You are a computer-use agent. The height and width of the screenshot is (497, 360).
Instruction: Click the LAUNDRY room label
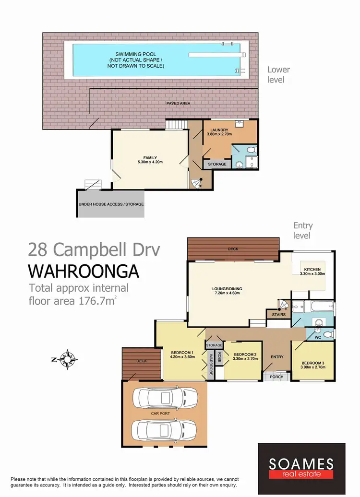click(219, 131)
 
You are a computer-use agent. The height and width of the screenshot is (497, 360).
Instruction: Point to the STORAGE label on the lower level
click(217, 164)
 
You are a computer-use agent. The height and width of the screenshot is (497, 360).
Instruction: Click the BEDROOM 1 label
click(181, 354)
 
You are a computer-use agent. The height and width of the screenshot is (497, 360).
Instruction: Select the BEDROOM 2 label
click(242, 355)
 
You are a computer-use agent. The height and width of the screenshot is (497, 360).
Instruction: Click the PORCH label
click(276, 377)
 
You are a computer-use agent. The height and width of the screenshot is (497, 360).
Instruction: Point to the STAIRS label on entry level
click(278, 315)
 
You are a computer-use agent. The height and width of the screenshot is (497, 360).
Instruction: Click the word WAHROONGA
click(84, 272)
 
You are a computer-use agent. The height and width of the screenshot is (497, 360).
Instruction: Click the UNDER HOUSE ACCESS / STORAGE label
click(111, 204)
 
